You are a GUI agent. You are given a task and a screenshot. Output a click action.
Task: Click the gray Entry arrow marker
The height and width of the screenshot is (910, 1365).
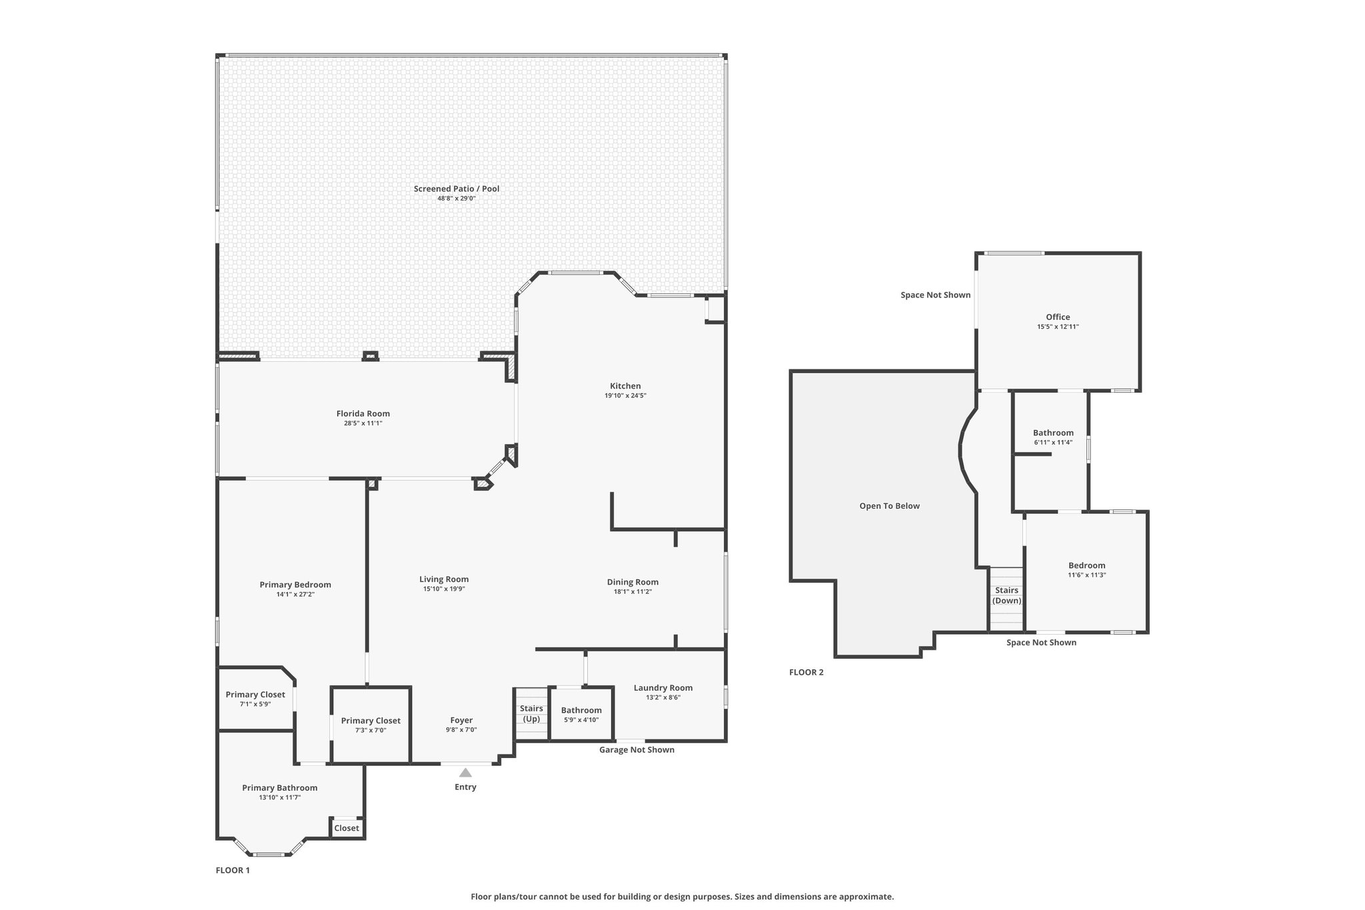465,773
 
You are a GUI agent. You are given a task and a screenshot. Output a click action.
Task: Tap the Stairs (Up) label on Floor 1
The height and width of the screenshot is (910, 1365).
531,713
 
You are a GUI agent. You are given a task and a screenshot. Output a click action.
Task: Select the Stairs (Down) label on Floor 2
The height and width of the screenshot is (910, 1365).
1006,595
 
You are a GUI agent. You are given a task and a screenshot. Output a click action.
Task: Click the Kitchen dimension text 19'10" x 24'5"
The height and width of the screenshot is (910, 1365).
625,395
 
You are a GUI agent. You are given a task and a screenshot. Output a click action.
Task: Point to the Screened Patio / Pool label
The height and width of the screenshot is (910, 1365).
457,189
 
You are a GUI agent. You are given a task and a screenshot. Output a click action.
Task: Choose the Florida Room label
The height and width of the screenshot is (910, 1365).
363,413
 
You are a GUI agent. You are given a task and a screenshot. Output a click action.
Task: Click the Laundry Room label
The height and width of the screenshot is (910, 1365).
663,688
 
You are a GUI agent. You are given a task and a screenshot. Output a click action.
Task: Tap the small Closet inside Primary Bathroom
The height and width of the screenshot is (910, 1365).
347,828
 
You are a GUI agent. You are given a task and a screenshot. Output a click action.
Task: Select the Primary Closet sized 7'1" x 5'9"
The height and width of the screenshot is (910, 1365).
255,699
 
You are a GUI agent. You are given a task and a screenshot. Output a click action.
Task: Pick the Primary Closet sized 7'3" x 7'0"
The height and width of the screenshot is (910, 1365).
371,725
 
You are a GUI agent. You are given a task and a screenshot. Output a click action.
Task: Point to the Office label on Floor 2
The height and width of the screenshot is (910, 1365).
1058,317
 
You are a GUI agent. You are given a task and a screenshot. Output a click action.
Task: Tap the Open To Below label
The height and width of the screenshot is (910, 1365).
889,506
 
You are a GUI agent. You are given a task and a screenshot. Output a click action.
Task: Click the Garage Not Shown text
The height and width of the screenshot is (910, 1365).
637,750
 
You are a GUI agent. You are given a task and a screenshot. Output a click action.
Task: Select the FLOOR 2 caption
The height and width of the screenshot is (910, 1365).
806,672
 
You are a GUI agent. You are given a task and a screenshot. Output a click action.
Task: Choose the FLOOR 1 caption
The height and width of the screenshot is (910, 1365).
233,870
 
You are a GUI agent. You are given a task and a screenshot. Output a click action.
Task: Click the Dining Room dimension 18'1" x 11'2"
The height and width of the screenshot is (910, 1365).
633,591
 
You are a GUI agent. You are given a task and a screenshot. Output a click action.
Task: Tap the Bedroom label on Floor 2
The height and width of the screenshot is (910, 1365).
1086,565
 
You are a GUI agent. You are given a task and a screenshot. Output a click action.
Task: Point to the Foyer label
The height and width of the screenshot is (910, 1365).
461,720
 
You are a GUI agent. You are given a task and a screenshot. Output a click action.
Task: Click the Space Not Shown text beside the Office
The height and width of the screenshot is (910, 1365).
936,295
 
